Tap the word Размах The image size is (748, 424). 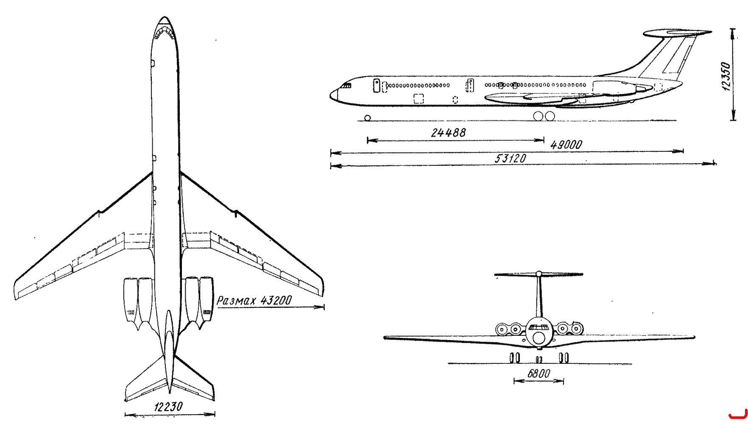(237, 301)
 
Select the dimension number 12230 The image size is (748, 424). (168, 407)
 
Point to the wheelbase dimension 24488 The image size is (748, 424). (448, 133)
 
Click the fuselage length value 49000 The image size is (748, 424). (566, 145)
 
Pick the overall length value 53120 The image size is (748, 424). (511, 159)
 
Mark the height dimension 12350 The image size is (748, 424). (726, 77)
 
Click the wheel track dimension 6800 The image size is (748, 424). (539, 374)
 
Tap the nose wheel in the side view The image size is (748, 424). (367, 118)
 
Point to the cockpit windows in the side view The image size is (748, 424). (346, 86)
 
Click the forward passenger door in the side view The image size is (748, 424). (376, 85)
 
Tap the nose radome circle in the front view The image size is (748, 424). (539, 338)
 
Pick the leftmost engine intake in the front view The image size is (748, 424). (502, 329)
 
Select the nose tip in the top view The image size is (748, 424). (164, 17)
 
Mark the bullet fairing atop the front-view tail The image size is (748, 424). (539, 274)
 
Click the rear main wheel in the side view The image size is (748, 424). (550, 116)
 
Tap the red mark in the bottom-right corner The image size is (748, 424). (738, 416)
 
